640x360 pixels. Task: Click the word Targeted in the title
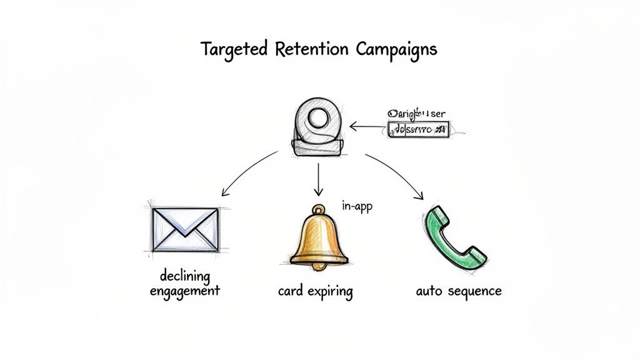click(x=234, y=49)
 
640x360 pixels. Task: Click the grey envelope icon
click(x=186, y=229)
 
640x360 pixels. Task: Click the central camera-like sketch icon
click(x=318, y=128)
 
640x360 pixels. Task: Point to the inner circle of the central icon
click(x=318, y=119)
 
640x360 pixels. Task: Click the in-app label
click(x=357, y=206)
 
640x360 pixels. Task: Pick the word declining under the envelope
click(x=185, y=276)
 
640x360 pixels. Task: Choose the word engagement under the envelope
click(x=185, y=291)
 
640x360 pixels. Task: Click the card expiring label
click(x=315, y=291)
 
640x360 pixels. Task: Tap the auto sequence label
click(x=458, y=291)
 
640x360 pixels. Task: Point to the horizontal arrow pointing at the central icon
click(x=367, y=127)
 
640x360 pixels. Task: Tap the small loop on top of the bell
click(x=319, y=210)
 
